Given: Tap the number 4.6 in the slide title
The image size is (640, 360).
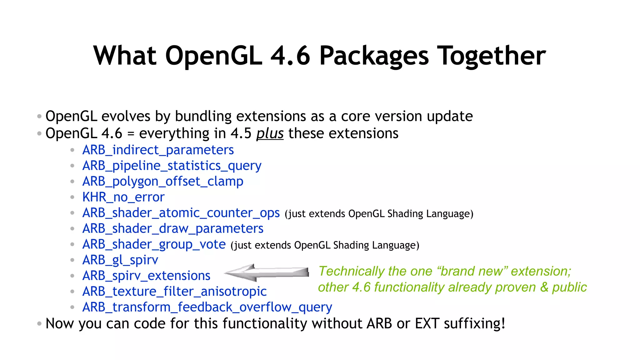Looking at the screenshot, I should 290,56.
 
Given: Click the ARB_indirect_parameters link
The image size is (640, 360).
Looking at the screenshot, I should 158,150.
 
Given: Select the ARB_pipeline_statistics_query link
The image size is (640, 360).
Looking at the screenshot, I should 172,166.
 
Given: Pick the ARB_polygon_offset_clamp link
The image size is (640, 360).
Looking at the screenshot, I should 162,181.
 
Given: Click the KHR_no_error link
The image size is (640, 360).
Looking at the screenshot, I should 123,197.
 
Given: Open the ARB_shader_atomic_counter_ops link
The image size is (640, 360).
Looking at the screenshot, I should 181,213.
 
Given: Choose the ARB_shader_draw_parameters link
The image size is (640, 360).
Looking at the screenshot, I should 173,228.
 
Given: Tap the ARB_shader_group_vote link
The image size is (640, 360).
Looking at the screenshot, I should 154,244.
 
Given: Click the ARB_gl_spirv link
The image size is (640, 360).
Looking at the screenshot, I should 120,260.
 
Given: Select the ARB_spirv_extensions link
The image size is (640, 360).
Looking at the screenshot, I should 146,276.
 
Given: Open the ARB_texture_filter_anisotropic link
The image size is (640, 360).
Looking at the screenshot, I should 174,291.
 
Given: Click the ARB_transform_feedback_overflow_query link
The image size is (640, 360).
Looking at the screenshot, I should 207,307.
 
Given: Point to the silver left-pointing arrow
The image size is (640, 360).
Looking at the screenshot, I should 266,272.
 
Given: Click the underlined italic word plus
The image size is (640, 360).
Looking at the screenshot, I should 270,133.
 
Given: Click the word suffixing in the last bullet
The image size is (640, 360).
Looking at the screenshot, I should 474,323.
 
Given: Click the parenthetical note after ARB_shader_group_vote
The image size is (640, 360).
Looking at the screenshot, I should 325,245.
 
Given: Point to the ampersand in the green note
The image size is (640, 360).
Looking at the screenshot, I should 544,287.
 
